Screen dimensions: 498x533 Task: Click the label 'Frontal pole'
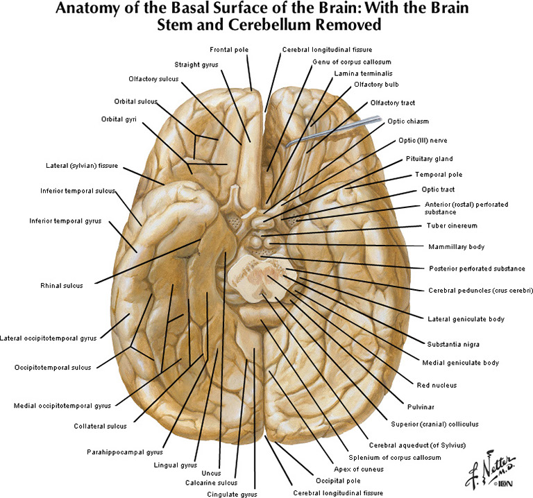229,49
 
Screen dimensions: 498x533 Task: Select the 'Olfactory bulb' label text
376,85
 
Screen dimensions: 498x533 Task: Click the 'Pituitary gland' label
429,159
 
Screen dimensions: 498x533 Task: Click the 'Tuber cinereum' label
452,225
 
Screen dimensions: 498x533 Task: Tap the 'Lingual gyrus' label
176,465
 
